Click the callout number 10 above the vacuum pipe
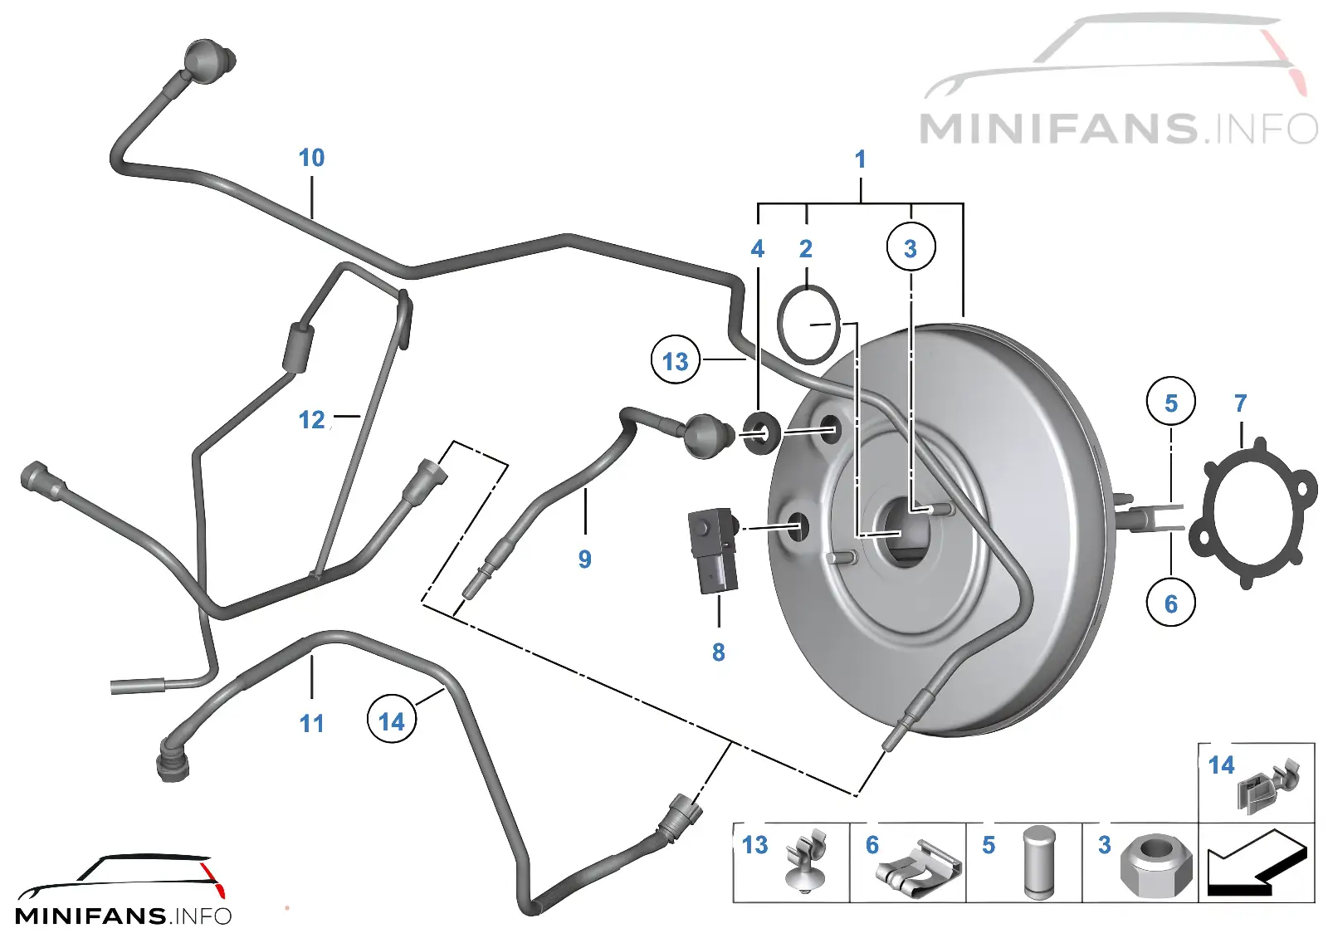tap(312, 158)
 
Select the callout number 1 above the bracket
tap(861, 159)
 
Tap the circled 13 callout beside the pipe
tap(676, 360)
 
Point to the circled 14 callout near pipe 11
tap(391, 721)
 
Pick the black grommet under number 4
tap(761, 432)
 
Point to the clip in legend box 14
tap(1269, 785)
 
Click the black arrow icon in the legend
tap(1256, 862)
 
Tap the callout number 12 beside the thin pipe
tap(312, 420)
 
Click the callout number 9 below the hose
tap(584, 559)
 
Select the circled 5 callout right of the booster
tap(1171, 402)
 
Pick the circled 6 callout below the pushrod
tap(1171, 603)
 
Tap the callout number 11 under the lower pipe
tap(312, 723)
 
